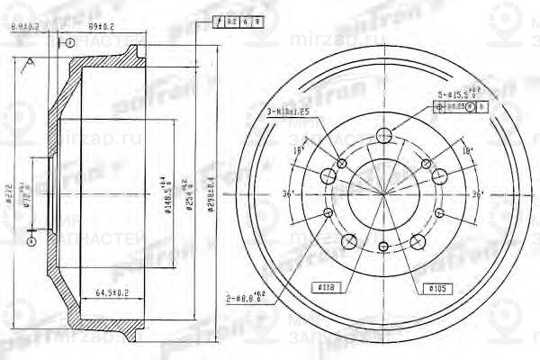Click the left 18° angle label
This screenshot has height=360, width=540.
(x=299, y=150)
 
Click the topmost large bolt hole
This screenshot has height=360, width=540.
(x=385, y=137)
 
